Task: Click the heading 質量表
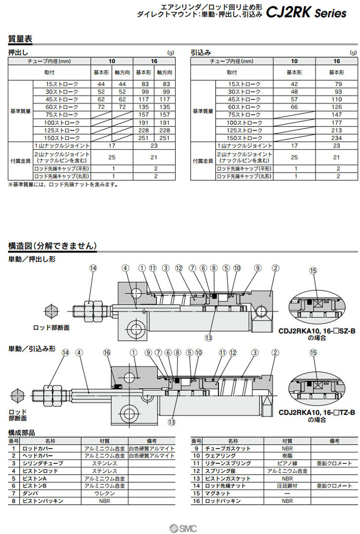pos(20,39)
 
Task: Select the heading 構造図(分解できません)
pos(52,246)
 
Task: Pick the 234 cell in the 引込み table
pos(336,138)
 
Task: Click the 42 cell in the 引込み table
pos(294,84)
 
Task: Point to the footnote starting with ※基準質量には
pos(63,184)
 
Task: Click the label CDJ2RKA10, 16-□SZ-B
pos(316,331)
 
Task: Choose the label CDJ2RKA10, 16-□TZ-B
pos(316,413)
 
